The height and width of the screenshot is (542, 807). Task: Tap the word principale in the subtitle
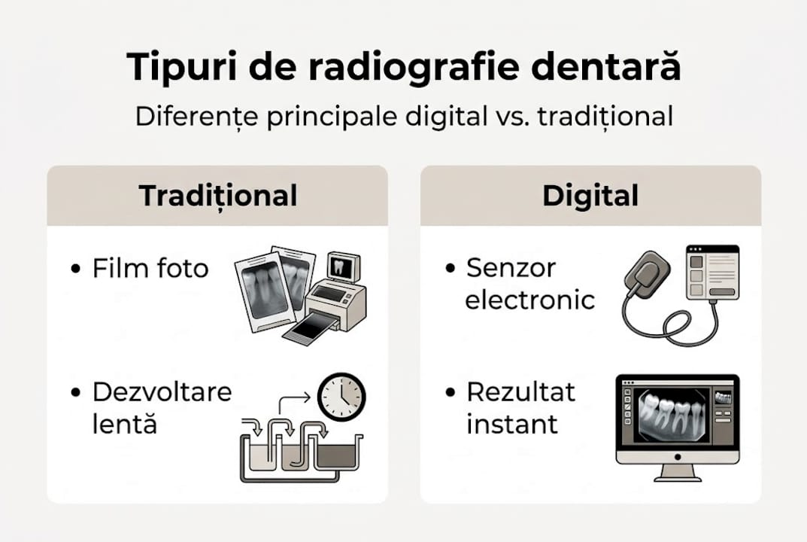pyautogui.click(x=315, y=118)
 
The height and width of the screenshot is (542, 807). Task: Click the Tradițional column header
pyautogui.click(x=218, y=196)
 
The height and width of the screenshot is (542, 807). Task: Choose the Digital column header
pyautogui.click(x=590, y=196)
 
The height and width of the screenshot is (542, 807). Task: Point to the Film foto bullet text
pyautogui.click(x=150, y=269)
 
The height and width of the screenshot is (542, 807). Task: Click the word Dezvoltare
pyautogui.click(x=162, y=392)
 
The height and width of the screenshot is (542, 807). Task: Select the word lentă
pyautogui.click(x=125, y=424)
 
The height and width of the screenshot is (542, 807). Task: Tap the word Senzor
pyautogui.click(x=511, y=267)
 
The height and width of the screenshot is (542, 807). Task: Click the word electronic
pyautogui.click(x=530, y=300)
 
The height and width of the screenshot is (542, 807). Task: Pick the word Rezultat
pyautogui.click(x=520, y=392)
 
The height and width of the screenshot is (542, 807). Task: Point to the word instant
pyautogui.click(x=512, y=424)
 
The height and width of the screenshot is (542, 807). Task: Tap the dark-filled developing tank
pyautogui.click(x=337, y=455)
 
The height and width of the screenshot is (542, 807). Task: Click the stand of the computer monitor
pyautogui.click(x=676, y=472)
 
